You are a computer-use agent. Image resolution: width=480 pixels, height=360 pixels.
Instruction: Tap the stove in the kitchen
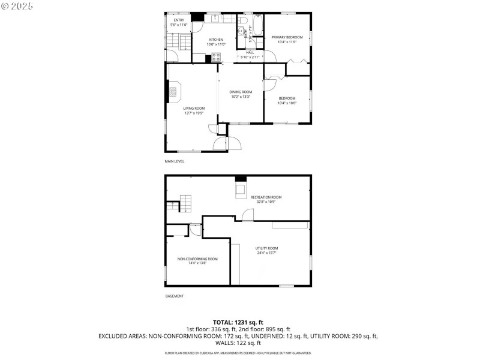(x=216, y=58)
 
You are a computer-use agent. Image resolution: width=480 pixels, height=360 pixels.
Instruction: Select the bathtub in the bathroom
(x=258, y=25)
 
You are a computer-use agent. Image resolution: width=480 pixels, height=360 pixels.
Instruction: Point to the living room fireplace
(x=173, y=91)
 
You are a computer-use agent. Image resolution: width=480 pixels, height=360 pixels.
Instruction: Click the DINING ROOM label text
(x=240, y=92)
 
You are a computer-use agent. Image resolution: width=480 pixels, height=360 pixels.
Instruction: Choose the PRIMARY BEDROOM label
(x=287, y=37)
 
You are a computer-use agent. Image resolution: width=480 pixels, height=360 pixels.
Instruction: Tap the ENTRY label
(x=179, y=20)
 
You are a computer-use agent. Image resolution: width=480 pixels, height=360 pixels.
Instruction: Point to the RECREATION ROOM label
(x=266, y=197)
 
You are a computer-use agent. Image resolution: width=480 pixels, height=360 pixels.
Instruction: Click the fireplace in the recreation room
(x=240, y=188)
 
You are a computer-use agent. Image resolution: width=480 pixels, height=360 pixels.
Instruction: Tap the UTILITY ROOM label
(x=266, y=248)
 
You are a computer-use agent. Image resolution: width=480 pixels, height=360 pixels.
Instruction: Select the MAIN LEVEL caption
(x=175, y=161)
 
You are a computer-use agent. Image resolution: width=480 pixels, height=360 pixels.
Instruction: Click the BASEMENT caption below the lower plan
(x=174, y=296)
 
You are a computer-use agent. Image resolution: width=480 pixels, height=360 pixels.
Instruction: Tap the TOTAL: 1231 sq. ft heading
(x=238, y=322)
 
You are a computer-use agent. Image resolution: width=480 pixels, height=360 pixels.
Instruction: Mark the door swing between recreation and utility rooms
(x=247, y=215)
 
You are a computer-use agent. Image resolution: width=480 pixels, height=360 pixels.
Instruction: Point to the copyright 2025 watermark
(x=18, y=5)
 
